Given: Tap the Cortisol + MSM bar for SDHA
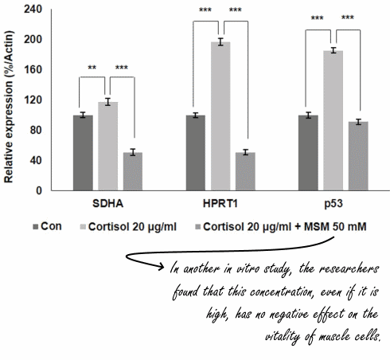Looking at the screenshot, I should click(x=132, y=171).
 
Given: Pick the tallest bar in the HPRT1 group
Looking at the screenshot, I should click(x=220, y=116).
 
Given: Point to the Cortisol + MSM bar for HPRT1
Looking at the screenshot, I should click(x=245, y=171).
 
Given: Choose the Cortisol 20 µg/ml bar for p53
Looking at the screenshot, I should click(x=333, y=120).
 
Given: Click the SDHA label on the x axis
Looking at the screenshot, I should click(x=107, y=204).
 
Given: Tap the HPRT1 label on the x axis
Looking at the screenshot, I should click(x=220, y=204).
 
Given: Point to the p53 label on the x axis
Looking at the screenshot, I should click(x=333, y=204).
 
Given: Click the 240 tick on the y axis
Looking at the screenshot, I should click(x=34, y=9).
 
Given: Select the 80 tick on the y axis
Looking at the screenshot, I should click(x=37, y=130).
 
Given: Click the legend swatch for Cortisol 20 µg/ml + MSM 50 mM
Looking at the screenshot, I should click(x=194, y=227).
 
